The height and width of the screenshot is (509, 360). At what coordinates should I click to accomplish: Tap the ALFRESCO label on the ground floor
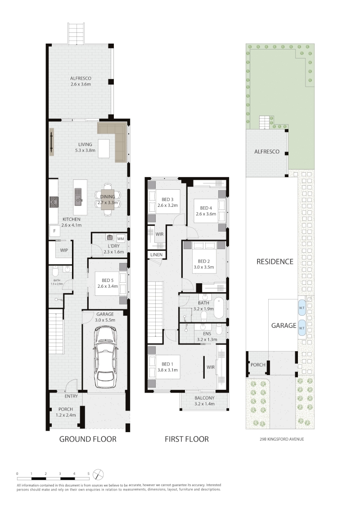click(81, 78)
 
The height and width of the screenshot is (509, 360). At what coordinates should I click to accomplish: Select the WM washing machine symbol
click(121, 239)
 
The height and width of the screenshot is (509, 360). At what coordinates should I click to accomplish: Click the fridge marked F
click(54, 231)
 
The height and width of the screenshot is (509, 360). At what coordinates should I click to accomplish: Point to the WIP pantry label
click(64, 250)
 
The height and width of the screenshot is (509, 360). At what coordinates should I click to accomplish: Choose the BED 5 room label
click(108, 281)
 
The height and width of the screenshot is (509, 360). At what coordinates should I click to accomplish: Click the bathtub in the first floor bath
click(219, 307)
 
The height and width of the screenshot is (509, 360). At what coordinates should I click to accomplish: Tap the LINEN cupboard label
click(156, 255)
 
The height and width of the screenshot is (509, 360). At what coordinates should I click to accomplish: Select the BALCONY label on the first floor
click(204, 398)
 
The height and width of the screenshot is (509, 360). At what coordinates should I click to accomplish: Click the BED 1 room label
click(167, 364)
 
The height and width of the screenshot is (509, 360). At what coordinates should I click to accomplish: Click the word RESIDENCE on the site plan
click(275, 262)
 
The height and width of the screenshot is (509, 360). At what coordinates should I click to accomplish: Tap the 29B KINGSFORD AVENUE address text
click(282, 439)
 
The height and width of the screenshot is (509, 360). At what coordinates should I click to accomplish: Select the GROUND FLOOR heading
click(88, 439)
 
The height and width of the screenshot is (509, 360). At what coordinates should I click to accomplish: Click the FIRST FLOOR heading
click(187, 439)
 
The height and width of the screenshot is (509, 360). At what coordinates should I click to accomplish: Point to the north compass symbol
click(99, 474)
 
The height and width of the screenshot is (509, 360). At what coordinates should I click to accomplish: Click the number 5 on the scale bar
click(88, 474)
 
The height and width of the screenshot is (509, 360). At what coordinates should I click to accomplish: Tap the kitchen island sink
click(78, 196)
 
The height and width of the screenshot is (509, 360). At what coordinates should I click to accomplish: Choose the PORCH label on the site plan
click(258, 365)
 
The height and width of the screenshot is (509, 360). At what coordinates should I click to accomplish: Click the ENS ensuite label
click(207, 334)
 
